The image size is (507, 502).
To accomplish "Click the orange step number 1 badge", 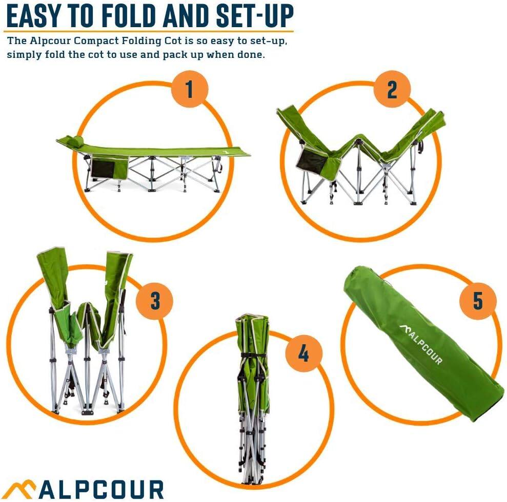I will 189,90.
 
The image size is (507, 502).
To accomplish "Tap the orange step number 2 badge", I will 392,90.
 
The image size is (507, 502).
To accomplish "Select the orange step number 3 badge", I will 154,301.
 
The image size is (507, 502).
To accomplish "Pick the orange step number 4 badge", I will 303,353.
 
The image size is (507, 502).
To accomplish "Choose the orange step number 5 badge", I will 477,300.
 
